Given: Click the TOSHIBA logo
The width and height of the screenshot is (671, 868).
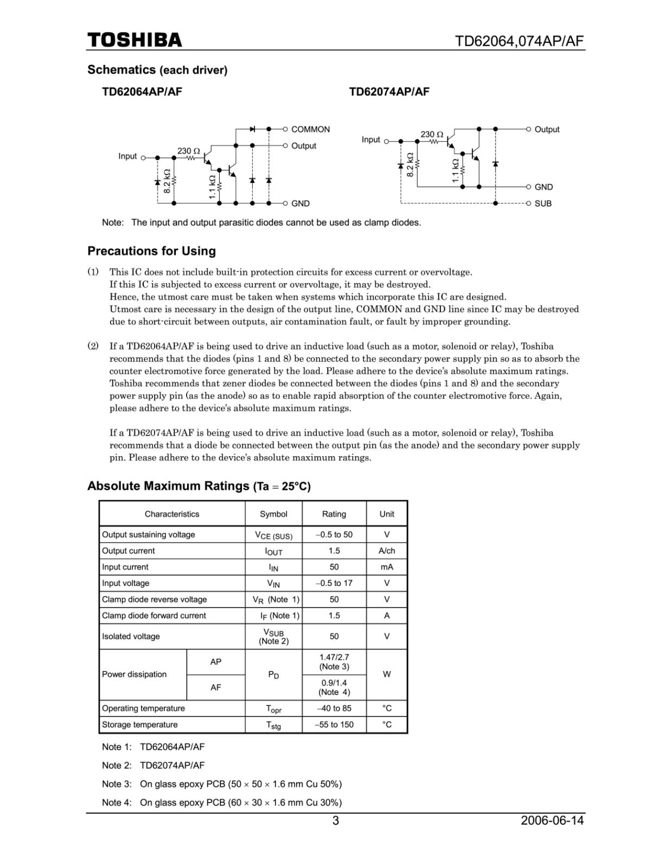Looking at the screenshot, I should [135, 40].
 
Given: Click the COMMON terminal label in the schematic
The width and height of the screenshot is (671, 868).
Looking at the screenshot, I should [310, 129].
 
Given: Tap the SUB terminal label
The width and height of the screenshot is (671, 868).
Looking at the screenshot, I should [543, 203].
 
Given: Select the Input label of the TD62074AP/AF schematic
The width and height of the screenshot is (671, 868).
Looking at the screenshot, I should [371, 140].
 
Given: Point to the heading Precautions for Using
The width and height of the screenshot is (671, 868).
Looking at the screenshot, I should [151, 251].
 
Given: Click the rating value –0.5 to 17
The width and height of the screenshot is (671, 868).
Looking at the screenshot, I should [334, 583].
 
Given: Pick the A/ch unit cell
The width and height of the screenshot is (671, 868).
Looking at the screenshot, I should [387, 551].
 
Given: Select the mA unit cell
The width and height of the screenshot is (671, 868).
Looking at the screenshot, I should [387, 567].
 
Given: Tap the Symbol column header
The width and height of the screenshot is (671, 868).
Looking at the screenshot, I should [273, 514].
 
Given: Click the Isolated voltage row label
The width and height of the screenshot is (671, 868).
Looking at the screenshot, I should [131, 636].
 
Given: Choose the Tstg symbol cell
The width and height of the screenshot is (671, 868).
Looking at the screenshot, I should [273, 725].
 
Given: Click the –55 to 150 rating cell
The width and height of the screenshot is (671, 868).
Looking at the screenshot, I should [334, 725].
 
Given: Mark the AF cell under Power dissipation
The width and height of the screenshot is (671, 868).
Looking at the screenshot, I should [216, 687].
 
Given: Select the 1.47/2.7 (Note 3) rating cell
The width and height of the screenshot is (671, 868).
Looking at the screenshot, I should [334, 662].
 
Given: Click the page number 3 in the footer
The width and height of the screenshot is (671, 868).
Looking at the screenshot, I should [336, 821].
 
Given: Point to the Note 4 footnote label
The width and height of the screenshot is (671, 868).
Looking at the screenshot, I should [117, 802].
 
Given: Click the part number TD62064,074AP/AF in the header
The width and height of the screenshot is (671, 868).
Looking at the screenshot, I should [520, 41].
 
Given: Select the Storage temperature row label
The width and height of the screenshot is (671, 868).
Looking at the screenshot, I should [139, 725].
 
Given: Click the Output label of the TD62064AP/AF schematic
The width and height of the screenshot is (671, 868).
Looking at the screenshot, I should [303, 146].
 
